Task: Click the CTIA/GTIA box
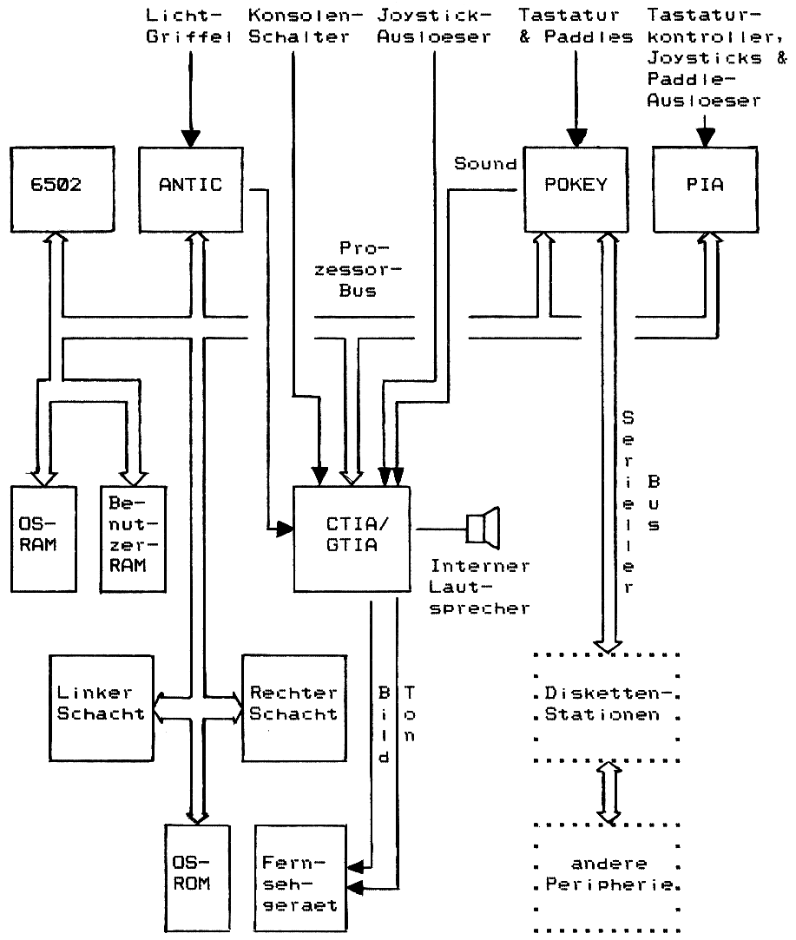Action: pos(352,540)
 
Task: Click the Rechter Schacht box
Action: pos(293,703)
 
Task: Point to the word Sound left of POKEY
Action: pos(485,163)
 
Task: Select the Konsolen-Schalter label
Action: pos(301,26)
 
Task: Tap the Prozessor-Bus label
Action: pos(358,268)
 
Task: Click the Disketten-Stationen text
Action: pos(606,705)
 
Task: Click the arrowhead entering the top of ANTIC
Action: pos(190,138)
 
